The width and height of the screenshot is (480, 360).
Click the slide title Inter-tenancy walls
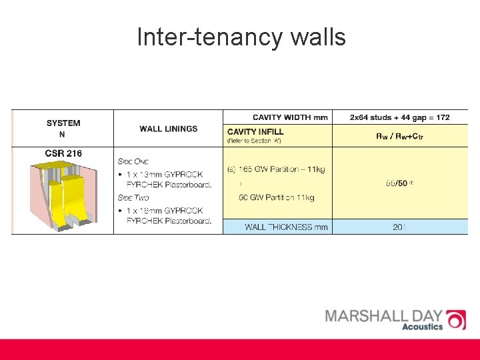coord(241,37)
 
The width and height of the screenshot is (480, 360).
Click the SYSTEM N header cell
coord(63,128)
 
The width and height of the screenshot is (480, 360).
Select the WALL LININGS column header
coord(169,129)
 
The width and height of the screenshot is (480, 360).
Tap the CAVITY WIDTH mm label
coord(290,117)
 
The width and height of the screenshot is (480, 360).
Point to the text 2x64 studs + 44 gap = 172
coord(400,117)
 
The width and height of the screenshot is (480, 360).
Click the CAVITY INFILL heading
coord(255,132)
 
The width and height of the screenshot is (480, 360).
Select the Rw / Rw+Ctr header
coord(400,137)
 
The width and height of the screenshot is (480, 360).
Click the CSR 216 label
coord(63,153)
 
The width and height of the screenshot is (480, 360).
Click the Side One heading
coord(133,161)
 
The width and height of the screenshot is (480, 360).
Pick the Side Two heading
coord(133,197)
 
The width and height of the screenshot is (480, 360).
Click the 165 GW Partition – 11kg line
coord(276,169)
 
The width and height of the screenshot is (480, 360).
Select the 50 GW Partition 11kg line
coord(276,197)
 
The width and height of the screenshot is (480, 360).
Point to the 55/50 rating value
coord(399,182)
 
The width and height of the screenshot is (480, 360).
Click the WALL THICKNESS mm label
coord(287,227)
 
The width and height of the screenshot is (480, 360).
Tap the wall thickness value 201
coord(399,227)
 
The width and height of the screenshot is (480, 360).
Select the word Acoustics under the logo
coord(423,327)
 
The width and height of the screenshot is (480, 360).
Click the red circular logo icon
coord(456,319)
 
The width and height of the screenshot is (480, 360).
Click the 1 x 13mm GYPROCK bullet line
coord(169,175)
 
